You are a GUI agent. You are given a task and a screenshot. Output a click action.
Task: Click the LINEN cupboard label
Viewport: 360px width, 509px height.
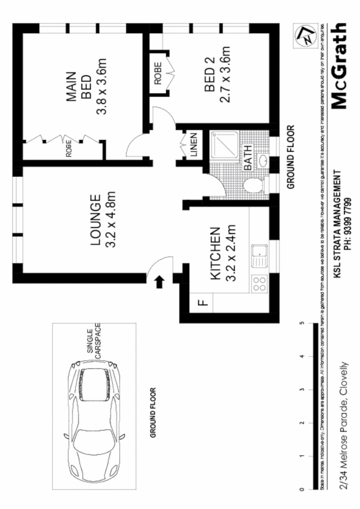(193, 145)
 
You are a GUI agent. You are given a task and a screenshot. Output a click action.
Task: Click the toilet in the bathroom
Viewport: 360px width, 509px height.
(253, 186)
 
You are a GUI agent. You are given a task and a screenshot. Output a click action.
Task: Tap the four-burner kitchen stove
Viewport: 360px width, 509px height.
(259, 283)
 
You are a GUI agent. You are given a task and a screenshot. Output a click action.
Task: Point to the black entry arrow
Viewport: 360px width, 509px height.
(159, 281)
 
